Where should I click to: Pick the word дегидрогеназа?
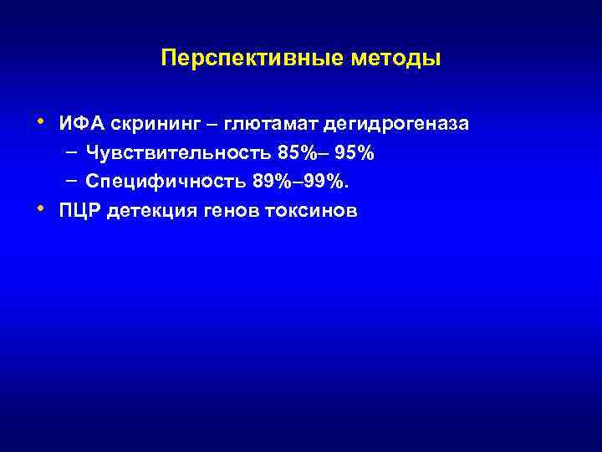(397, 125)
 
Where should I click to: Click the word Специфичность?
(160, 182)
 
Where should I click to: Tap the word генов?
(236, 211)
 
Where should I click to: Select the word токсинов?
(315, 211)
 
